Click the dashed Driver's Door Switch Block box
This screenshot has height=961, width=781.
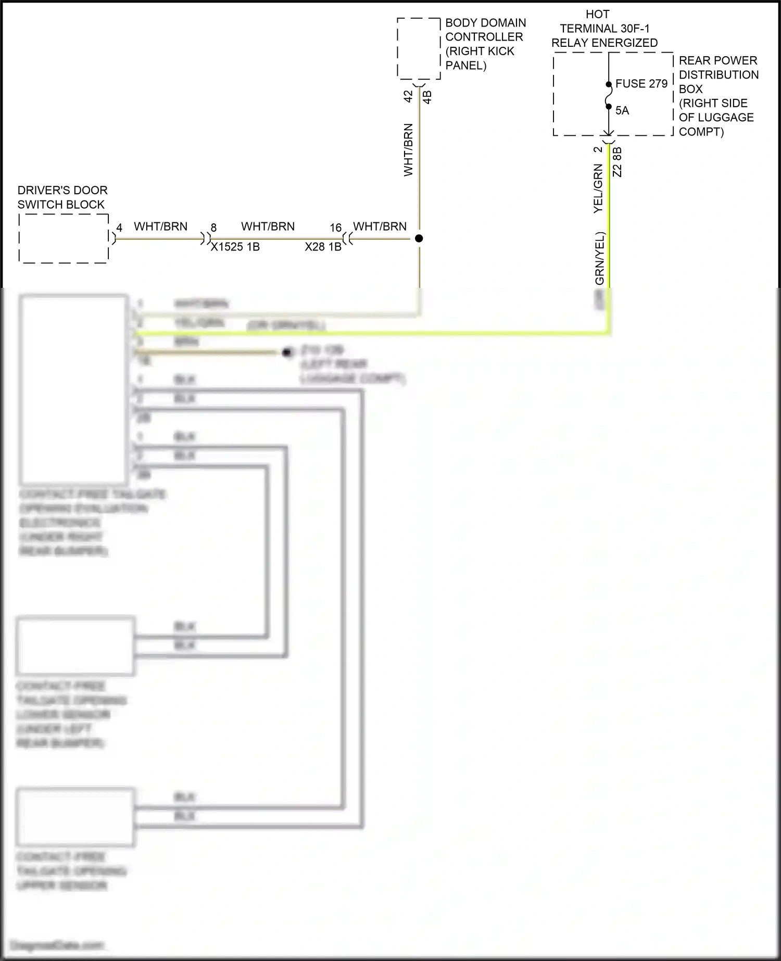click(x=64, y=238)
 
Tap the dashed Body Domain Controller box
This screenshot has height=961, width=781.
click(x=419, y=48)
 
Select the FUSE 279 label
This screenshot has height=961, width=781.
click(x=641, y=84)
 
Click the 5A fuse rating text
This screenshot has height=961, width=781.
click(x=622, y=110)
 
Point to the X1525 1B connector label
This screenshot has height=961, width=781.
click(x=235, y=247)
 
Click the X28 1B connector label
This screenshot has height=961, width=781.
click(x=323, y=247)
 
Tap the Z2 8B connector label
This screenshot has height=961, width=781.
click(x=618, y=162)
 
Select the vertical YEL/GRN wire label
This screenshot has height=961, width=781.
click(x=598, y=188)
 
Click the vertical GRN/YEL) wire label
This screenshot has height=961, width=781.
click(x=600, y=258)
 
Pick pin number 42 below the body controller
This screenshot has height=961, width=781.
click(x=408, y=96)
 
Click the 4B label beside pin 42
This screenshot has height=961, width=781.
click(x=427, y=97)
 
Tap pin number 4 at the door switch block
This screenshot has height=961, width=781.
click(x=119, y=228)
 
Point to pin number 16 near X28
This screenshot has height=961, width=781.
click(x=336, y=228)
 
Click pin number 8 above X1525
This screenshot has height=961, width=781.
click(x=213, y=228)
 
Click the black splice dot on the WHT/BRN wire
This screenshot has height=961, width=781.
click(x=419, y=238)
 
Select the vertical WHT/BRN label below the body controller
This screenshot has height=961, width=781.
click(x=408, y=150)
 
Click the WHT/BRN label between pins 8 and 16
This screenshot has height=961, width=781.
click(x=268, y=226)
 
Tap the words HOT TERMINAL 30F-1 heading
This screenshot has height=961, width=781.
click(x=604, y=29)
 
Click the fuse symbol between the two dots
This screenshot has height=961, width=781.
click(x=609, y=96)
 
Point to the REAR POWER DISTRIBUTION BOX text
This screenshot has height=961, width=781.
click(x=718, y=74)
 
